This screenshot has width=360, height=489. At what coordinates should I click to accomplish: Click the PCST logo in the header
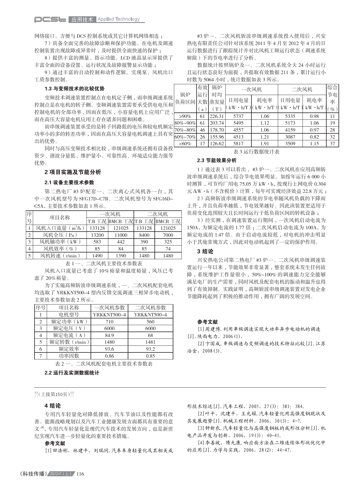(x=50, y=19)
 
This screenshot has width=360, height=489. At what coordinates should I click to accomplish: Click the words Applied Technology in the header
(x=118, y=19)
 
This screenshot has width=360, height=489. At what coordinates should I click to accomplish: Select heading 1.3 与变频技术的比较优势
(x=74, y=89)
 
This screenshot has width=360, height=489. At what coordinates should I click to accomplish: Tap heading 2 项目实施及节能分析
(x=73, y=172)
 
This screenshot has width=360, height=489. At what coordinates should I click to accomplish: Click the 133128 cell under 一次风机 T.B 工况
(x=97, y=228)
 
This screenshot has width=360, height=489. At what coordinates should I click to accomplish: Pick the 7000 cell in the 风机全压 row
(x=168, y=235)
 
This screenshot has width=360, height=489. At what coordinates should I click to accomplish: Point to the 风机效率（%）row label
(x=60, y=249)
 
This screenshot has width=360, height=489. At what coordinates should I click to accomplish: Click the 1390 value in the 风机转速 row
(x=121, y=256)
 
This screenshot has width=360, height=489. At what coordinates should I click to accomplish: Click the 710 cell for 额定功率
(x=109, y=322)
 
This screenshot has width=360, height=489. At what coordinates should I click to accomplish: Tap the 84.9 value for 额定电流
(x=109, y=335)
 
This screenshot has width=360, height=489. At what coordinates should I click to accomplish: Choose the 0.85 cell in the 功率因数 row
(x=150, y=356)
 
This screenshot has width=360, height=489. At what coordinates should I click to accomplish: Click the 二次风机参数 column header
(x=150, y=308)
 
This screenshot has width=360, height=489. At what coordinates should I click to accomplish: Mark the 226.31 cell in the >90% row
(x=217, y=116)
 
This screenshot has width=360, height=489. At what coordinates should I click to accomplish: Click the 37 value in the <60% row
(x=332, y=144)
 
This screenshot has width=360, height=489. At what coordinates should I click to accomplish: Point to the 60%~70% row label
(x=185, y=137)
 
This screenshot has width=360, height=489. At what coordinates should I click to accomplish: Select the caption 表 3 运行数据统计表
(x=256, y=152)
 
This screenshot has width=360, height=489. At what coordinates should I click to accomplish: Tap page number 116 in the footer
(x=80, y=474)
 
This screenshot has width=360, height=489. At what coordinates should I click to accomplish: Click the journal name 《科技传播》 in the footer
(x=33, y=474)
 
